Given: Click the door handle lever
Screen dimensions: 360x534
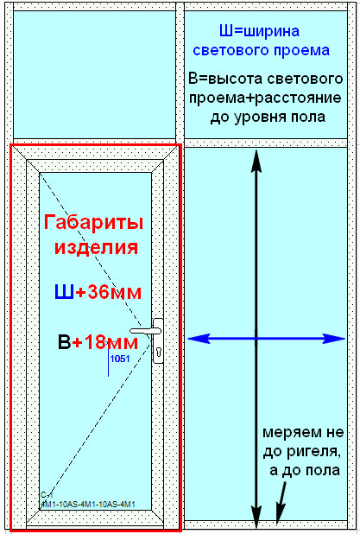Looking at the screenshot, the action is tap(145, 331).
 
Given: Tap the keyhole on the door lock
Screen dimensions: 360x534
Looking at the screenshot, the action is tap(158, 352).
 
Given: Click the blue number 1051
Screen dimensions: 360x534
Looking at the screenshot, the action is tap(120, 359).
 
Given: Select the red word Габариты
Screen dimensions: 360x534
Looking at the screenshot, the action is tap(93, 223).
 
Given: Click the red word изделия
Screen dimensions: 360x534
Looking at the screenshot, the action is tap(97, 247).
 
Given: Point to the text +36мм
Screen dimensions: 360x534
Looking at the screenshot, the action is tap(108, 292).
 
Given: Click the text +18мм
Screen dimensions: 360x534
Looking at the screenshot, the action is tap(105, 342).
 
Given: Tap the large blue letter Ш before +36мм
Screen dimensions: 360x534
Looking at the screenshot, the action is tap(64, 292).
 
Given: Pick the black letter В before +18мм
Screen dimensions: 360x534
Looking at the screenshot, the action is tap(64, 342).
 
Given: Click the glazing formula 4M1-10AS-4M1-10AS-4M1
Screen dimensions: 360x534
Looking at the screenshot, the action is tap(88, 504).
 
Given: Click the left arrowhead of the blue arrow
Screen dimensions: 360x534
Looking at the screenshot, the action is tap(198, 339).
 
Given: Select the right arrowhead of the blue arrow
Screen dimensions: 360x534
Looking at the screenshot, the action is tap(334, 339).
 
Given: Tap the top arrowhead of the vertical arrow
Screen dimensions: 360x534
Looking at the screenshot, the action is tap(256, 161).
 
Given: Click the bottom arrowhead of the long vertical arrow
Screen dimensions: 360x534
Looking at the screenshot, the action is tap(256, 517).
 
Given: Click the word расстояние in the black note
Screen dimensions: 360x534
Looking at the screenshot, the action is tap(298, 99).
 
